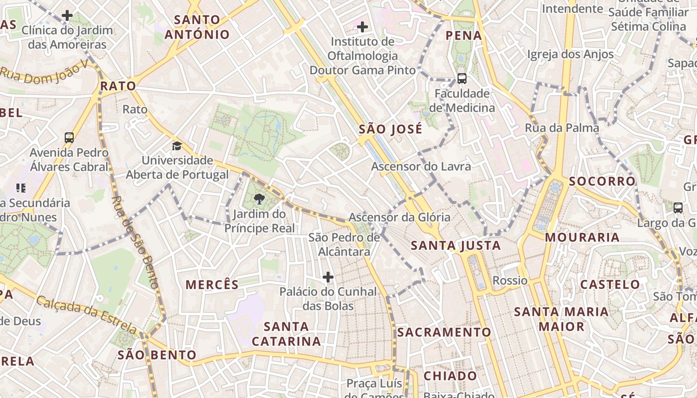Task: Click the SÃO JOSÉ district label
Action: point(390,129)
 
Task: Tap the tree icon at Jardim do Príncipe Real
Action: point(259,199)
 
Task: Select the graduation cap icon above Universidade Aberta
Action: point(177,146)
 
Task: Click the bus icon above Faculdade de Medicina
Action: point(462,78)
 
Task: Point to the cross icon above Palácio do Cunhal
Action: point(328,277)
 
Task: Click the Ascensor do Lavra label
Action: point(421,166)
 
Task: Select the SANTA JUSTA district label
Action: point(456,245)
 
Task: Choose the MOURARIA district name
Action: point(582,237)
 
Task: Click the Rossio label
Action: point(510,281)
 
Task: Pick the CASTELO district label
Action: point(610,285)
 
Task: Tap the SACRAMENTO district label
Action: point(444,332)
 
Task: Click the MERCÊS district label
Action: point(212,285)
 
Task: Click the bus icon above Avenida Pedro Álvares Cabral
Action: point(69,138)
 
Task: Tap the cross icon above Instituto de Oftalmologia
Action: point(362,26)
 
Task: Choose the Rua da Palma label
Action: point(562,128)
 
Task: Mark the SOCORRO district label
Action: point(602,181)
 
